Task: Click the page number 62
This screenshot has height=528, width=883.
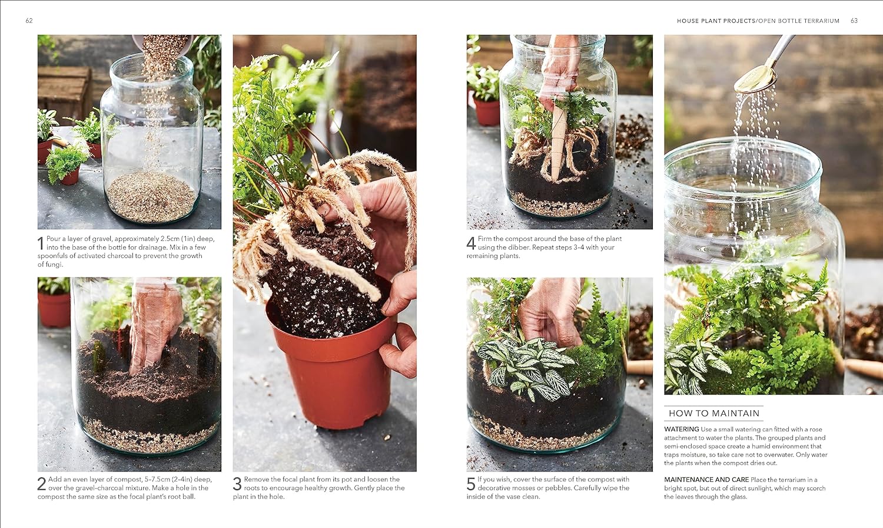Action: (29, 21)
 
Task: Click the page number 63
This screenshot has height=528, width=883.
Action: (854, 21)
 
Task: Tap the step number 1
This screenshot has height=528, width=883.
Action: (41, 243)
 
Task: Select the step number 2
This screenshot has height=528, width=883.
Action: (42, 484)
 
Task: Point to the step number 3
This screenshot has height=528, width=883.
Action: (237, 484)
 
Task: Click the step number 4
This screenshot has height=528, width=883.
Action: (471, 243)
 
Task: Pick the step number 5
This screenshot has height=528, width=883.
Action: (471, 484)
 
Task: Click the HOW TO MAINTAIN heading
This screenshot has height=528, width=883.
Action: (714, 414)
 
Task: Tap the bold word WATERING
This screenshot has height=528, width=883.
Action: (682, 430)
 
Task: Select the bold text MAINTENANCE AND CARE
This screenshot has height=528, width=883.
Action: (706, 480)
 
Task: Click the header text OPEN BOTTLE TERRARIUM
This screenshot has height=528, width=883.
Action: (798, 21)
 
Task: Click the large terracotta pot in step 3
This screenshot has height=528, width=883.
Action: (336, 371)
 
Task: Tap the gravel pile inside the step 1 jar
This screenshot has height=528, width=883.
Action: (151, 194)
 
